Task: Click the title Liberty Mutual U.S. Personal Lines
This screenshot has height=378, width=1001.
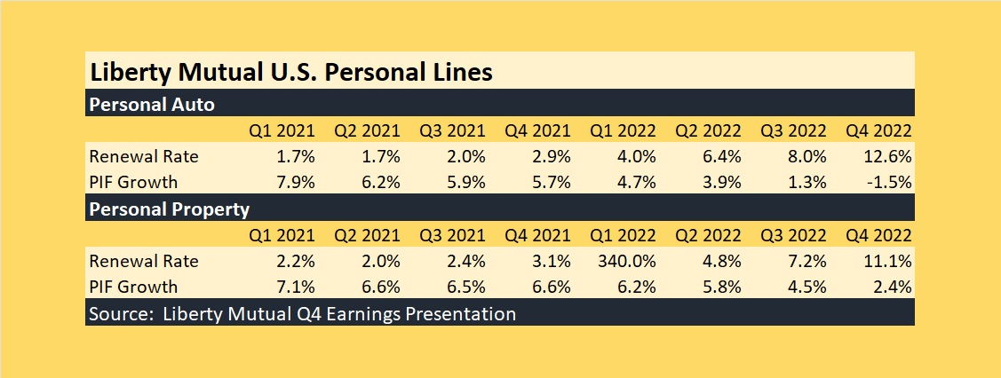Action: [x=290, y=71]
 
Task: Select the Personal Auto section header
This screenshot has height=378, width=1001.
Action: [x=152, y=104]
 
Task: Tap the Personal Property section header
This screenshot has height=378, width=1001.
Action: [x=170, y=210]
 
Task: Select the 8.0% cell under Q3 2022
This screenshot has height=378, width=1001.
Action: [x=805, y=156]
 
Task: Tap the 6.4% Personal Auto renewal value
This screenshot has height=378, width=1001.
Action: [x=719, y=156]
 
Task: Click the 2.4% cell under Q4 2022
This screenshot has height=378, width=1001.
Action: [x=893, y=287]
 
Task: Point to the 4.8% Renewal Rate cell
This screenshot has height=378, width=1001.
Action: [x=719, y=262]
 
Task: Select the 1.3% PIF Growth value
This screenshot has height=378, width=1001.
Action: [x=805, y=182]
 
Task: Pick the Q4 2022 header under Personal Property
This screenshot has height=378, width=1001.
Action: [x=879, y=236]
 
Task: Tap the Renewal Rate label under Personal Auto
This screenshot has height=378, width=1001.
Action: [x=144, y=156]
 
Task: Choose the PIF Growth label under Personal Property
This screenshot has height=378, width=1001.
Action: [x=134, y=287]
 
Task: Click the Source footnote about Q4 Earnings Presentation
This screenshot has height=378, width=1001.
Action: [x=303, y=313]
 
